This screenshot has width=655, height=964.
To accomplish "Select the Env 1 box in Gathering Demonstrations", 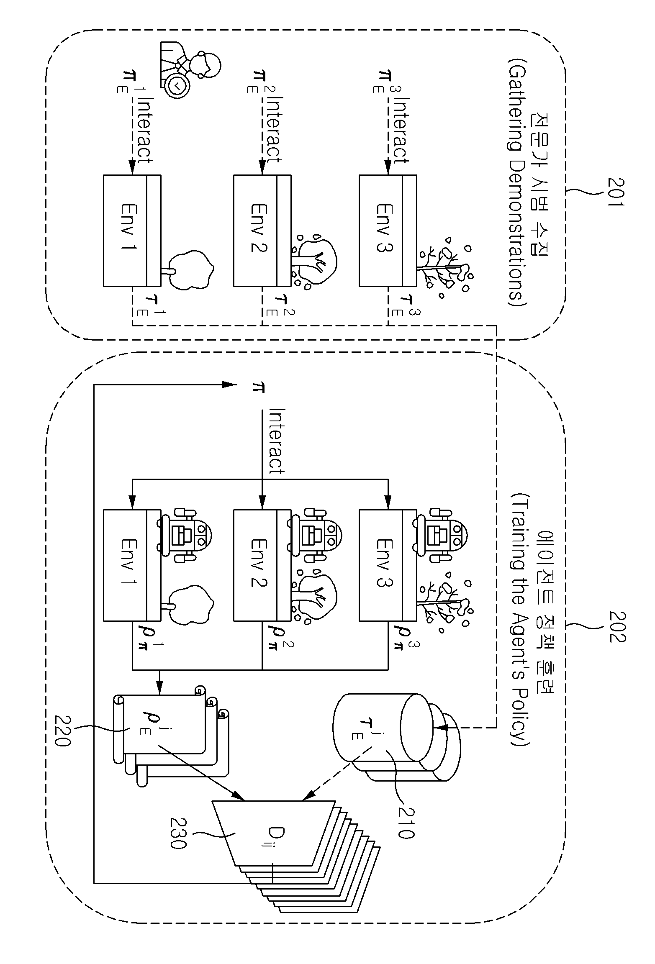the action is pos(132,231).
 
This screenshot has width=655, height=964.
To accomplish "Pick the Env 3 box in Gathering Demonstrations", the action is pos(388,231).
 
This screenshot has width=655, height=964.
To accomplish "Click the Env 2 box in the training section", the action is pos(262,565).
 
